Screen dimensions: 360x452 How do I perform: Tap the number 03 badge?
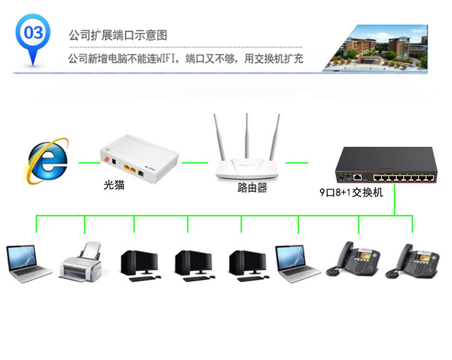tap(33, 34)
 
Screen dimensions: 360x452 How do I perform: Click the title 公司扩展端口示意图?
tap(118, 35)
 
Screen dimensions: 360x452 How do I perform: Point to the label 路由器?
tap(252, 188)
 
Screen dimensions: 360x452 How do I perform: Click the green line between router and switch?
tap(297, 163)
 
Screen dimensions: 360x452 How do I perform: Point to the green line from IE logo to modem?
tap(88, 163)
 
